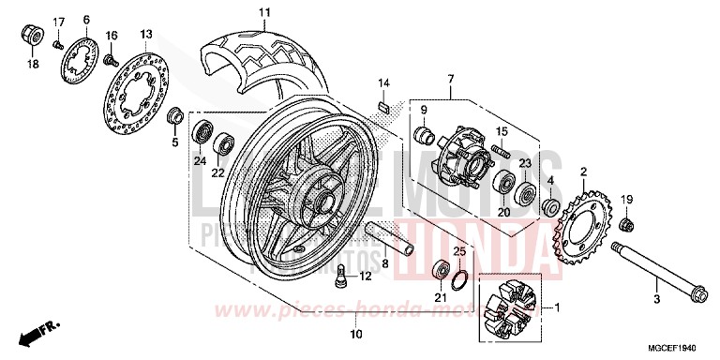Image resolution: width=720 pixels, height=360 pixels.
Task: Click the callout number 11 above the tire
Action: click(x=238, y=12)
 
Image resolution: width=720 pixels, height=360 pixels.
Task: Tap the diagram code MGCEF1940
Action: click(x=678, y=347)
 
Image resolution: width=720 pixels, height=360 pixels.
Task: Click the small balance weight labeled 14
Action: click(x=382, y=105)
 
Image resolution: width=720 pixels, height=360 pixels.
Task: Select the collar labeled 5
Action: click(x=173, y=117)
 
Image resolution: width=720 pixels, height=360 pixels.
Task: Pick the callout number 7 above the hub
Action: click(x=450, y=76)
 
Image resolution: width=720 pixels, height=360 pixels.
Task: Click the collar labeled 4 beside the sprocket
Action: click(x=551, y=206)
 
